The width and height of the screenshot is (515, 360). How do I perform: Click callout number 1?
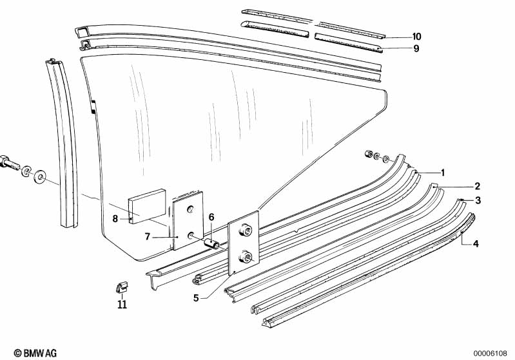pyautogui.click(x=443, y=173)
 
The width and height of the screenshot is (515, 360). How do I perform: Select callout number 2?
pyautogui.click(x=478, y=186)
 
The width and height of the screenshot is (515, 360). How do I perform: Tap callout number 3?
pyautogui.click(x=478, y=200)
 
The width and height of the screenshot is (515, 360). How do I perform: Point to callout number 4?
pyautogui.click(x=476, y=243)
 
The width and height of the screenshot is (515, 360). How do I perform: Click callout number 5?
pyautogui.click(x=197, y=298)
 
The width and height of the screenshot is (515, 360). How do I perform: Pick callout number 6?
pyautogui.click(x=210, y=217)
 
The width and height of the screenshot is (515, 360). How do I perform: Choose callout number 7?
pyautogui.click(x=147, y=237)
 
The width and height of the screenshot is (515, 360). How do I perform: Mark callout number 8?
pyautogui.click(x=115, y=218)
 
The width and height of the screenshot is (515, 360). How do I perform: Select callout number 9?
pyautogui.click(x=416, y=48)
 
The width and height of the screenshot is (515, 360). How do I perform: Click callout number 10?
pyautogui.click(x=416, y=36)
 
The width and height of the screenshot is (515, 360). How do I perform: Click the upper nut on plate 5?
pyautogui.click(x=246, y=229)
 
